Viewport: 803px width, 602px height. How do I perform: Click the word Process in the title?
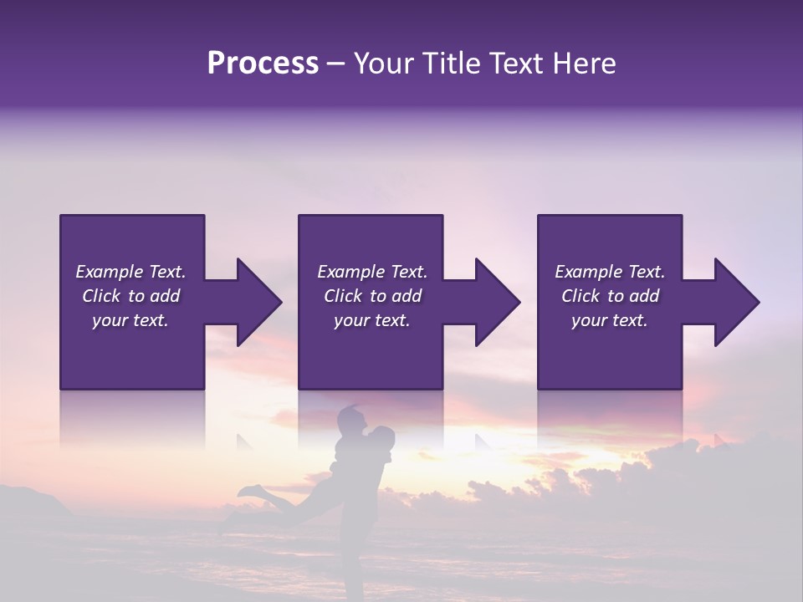263,64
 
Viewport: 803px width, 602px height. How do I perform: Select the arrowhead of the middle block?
495,302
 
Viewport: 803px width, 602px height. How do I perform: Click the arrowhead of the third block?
734,302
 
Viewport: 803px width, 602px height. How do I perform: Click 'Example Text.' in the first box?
130,272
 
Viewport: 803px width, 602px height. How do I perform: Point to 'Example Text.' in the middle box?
372,272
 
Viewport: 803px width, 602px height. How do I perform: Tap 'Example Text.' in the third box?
610,272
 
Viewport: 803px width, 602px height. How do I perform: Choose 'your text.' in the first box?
130,320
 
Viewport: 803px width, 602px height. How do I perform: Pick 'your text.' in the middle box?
372,320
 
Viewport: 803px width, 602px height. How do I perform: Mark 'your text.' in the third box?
610,320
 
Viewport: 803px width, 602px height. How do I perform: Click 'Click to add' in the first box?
130,296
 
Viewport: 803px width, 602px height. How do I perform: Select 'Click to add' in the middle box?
372,296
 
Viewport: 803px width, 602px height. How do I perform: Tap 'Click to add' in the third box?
610,296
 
